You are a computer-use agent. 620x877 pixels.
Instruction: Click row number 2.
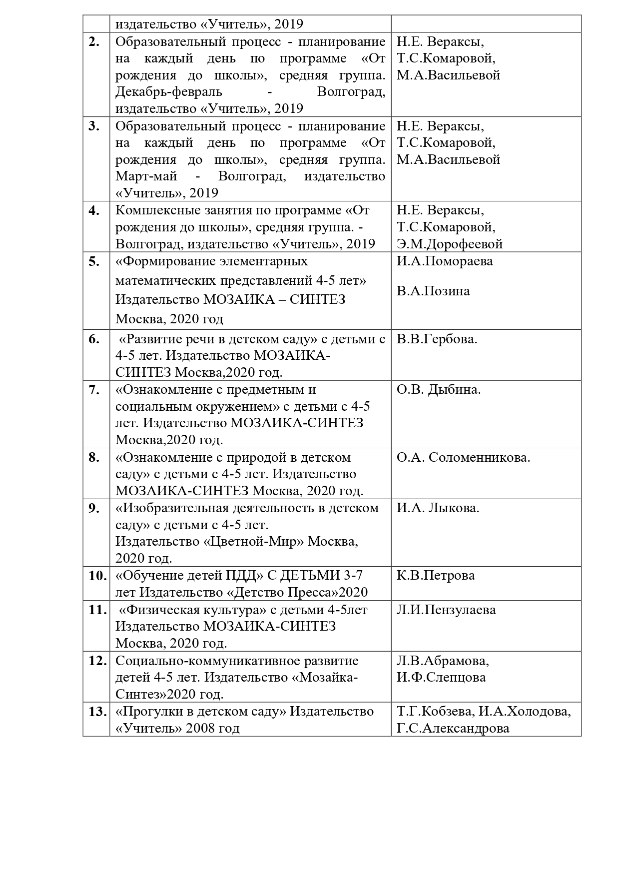click(94, 42)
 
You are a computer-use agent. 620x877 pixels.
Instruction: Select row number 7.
click(94, 390)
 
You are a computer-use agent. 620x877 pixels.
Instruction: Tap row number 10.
click(97, 576)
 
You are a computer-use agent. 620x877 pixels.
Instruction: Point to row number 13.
click(97, 712)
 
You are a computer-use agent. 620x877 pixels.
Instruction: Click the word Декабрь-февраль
click(169, 92)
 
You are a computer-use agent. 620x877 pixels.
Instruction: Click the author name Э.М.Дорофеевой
click(450, 244)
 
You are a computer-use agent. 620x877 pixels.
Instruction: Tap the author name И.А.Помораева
click(445, 261)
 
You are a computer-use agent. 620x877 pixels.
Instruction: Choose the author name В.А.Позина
click(433, 291)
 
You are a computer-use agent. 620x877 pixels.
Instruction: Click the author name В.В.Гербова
click(437, 339)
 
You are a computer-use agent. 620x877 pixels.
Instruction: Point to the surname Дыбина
click(454, 390)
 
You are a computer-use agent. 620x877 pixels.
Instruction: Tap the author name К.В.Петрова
click(436, 576)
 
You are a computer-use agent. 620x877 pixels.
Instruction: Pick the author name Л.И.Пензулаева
click(446, 610)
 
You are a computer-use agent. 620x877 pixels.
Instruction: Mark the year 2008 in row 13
click(199, 729)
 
